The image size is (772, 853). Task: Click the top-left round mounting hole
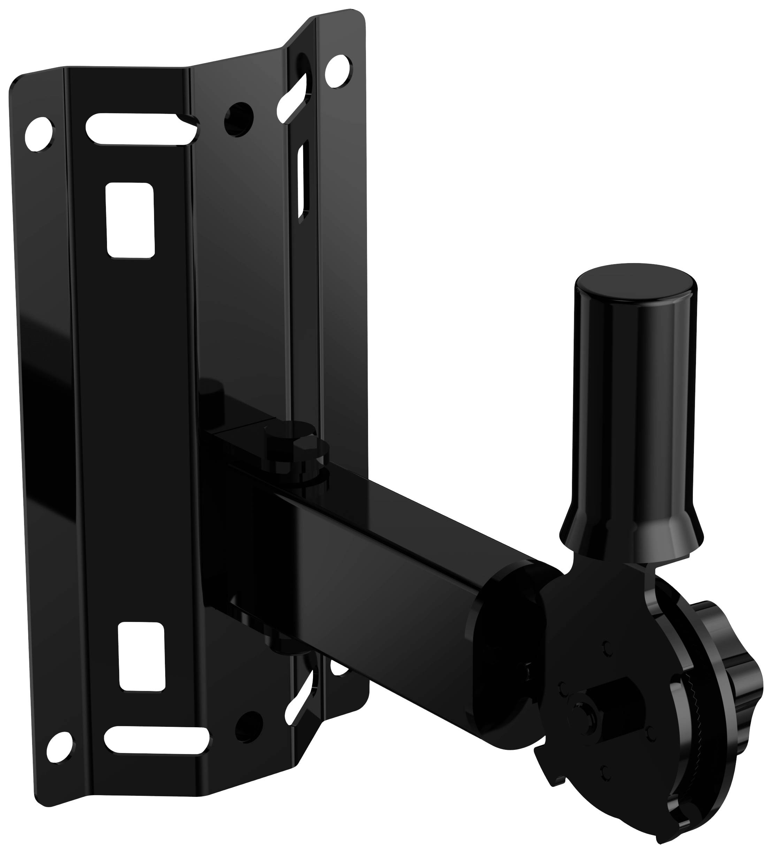[39, 134]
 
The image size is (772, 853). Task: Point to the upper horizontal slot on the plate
[142, 129]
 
